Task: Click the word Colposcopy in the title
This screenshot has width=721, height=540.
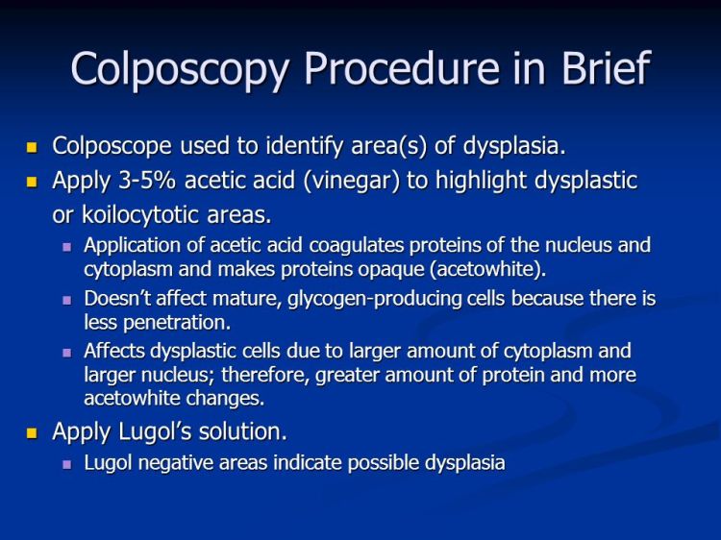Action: tap(179, 69)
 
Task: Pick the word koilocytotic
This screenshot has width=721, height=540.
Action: tap(138, 213)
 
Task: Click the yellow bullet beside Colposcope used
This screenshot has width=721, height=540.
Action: tap(31, 147)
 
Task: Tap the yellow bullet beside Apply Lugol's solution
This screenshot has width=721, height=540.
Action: tap(31, 433)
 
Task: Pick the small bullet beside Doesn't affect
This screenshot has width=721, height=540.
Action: tap(67, 300)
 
